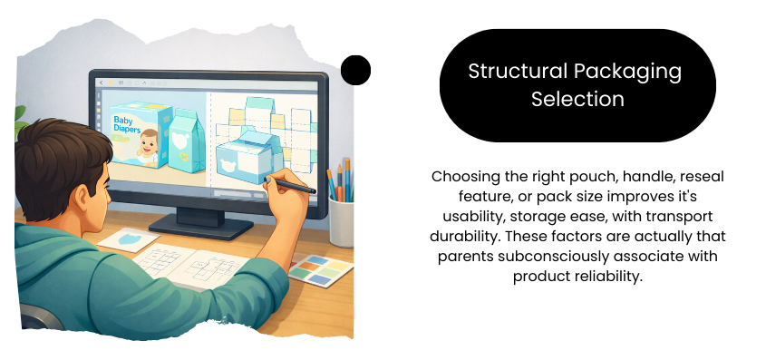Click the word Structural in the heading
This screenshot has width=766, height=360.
tap(518, 72)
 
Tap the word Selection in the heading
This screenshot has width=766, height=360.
tap(577, 99)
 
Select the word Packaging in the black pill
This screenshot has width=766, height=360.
tap(627, 73)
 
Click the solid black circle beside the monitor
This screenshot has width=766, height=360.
tap(355, 70)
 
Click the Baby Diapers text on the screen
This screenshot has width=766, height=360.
tap(127, 124)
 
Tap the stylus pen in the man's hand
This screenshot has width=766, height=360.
tap(290, 186)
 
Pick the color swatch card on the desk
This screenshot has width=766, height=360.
tap(321, 269)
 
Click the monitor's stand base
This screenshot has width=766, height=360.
tap(201, 227)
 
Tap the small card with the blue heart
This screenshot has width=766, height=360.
tap(129, 239)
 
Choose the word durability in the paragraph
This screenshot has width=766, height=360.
tap(464, 236)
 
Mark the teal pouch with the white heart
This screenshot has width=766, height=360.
tap(186, 141)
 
